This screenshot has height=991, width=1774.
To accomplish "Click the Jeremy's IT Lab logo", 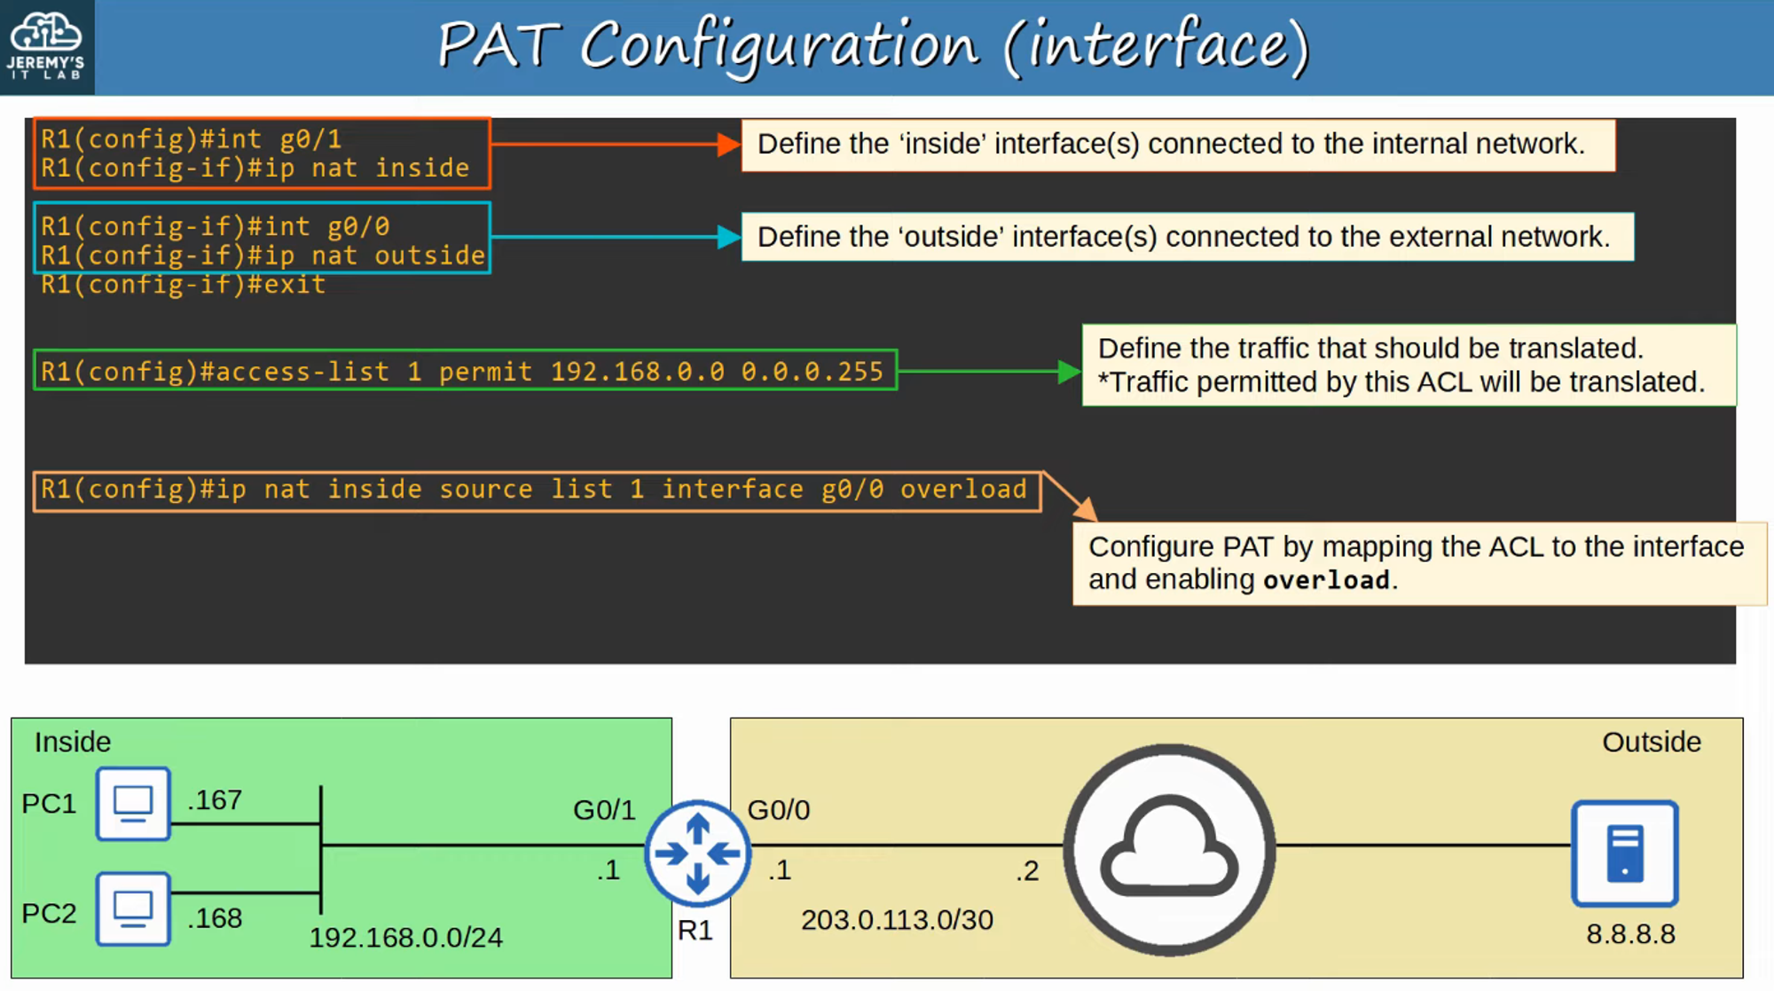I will [46, 46].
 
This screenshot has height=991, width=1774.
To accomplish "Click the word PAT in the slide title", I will [498, 46].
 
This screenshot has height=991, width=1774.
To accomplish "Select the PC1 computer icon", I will [133, 804].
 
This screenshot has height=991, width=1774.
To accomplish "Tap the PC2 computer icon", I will [133, 908].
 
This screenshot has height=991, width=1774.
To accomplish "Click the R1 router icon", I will [698, 853].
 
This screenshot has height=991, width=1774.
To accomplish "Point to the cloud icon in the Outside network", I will [1169, 850].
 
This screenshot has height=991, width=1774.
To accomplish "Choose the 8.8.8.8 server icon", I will [1624, 853].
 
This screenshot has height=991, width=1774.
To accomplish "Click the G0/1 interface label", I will [604, 810].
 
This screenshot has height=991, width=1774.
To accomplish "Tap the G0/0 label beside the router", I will [779, 810].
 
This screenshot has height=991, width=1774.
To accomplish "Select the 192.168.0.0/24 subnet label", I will [405, 938].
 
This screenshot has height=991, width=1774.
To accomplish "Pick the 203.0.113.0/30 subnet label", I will [897, 920].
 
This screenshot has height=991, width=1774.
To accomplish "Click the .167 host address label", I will [215, 800].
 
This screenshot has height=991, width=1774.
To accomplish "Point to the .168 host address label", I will [215, 918].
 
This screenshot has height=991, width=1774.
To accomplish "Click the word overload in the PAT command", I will [963, 490].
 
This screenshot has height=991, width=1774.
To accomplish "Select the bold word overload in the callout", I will [1326, 580].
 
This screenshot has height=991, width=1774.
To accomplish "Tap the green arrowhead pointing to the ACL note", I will [1069, 372].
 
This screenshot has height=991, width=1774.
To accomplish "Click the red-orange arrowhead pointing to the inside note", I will [728, 145].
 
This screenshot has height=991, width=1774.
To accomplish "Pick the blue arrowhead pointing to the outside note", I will [728, 237].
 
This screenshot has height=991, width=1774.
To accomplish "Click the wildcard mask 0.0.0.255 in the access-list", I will [812, 372].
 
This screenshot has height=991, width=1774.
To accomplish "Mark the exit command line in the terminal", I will [183, 285].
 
